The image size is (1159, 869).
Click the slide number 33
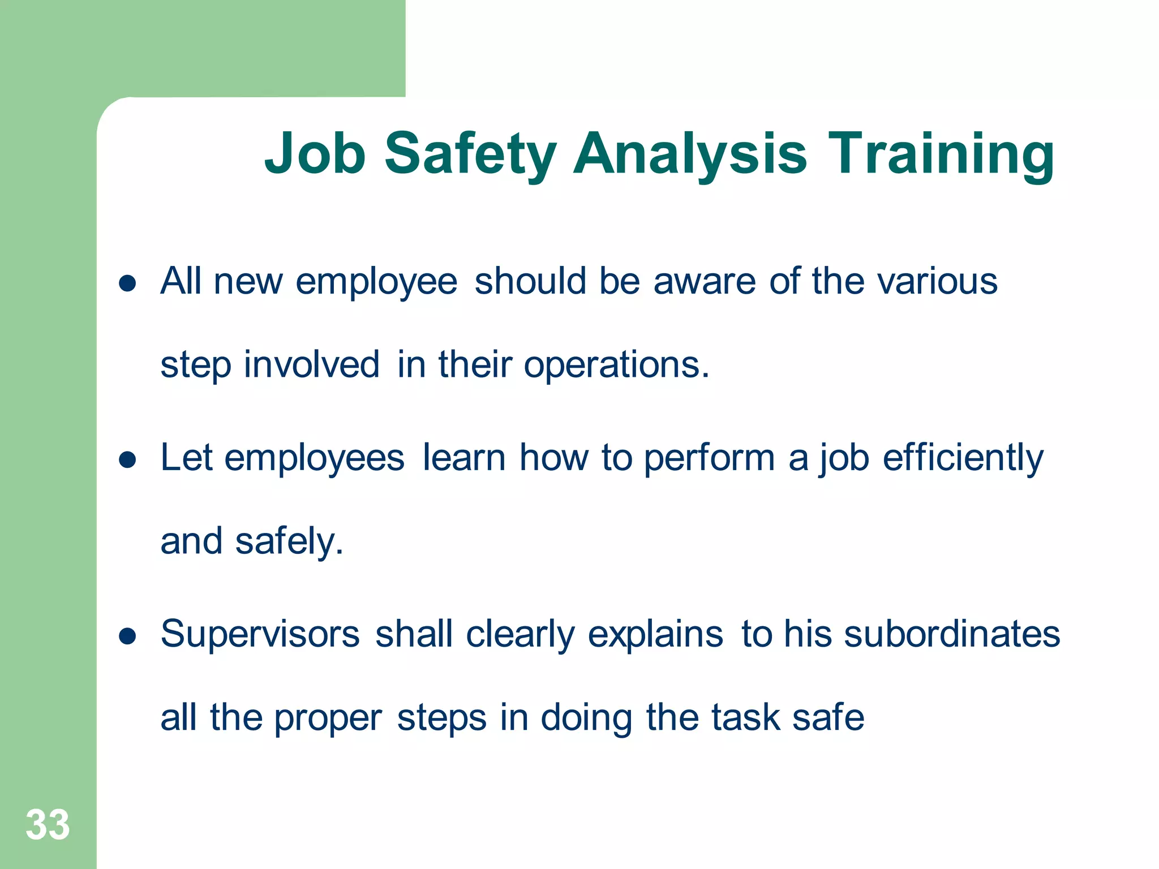tap(48, 825)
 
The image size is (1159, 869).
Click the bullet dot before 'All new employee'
tap(128, 283)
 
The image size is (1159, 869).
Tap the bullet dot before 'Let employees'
tap(128, 459)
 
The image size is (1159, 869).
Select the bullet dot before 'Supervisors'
tap(128, 636)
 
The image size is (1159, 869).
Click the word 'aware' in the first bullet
tap(704, 281)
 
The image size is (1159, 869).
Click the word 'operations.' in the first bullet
tap(616, 365)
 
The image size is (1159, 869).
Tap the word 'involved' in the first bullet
tap(311, 364)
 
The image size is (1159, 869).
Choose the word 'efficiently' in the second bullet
tap(963, 458)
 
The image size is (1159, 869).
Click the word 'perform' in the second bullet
tap(709, 458)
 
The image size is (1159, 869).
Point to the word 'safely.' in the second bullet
tap(289, 542)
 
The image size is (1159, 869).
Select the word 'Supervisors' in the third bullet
tap(260, 635)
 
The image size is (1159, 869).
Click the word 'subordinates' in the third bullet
tap(952, 634)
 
